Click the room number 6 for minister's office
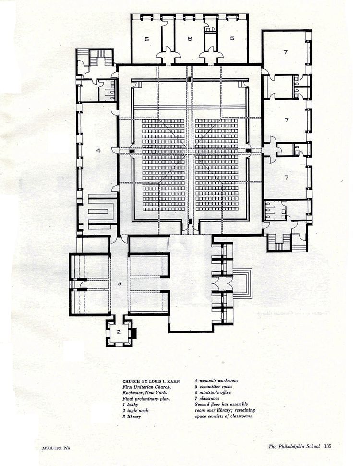tap(190, 38)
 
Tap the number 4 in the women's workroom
tap(98, 150)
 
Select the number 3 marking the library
tap(120, 283)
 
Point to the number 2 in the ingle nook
tap(119, 331)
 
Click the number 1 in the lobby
tap(192, 282)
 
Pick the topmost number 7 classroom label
tap(286, 52)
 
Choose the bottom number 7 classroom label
tap(287, 178)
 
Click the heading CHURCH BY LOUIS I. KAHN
tap(151, 381)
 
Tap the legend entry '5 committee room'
tap(213, 387)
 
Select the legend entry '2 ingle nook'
tap(135, 410)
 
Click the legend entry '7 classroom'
tap(207, 398)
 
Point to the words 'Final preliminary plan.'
tap(146, 399)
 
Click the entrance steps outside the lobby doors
tap(243, 283)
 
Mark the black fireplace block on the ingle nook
tap(134, 332)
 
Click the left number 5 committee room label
tap(147, 39)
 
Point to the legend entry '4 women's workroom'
tap(216, 380)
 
